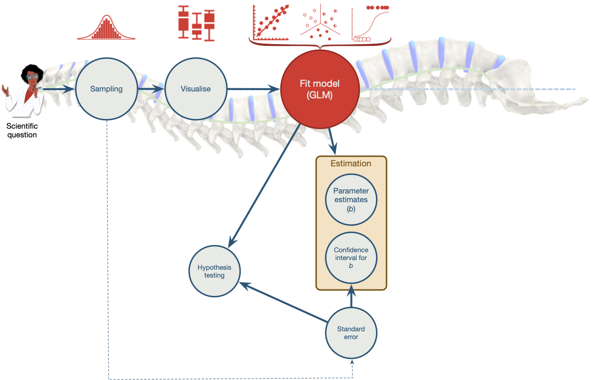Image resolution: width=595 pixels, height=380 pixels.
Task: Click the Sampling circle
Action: pos(106,89)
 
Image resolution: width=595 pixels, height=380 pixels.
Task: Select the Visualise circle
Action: pos(196,89)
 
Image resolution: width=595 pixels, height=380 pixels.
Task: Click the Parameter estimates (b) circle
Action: pos(351,199)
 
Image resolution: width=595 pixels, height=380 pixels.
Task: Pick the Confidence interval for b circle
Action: pos(351,257)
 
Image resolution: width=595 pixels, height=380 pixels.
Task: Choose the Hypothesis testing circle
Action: pos(214,271)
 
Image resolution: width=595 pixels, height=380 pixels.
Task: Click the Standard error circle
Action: pos(351,333)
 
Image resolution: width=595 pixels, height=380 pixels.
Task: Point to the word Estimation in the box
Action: pos(351,163)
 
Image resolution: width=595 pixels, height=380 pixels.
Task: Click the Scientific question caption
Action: pos(22,130)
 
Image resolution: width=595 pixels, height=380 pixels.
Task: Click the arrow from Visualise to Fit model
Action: pos(253,89)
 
